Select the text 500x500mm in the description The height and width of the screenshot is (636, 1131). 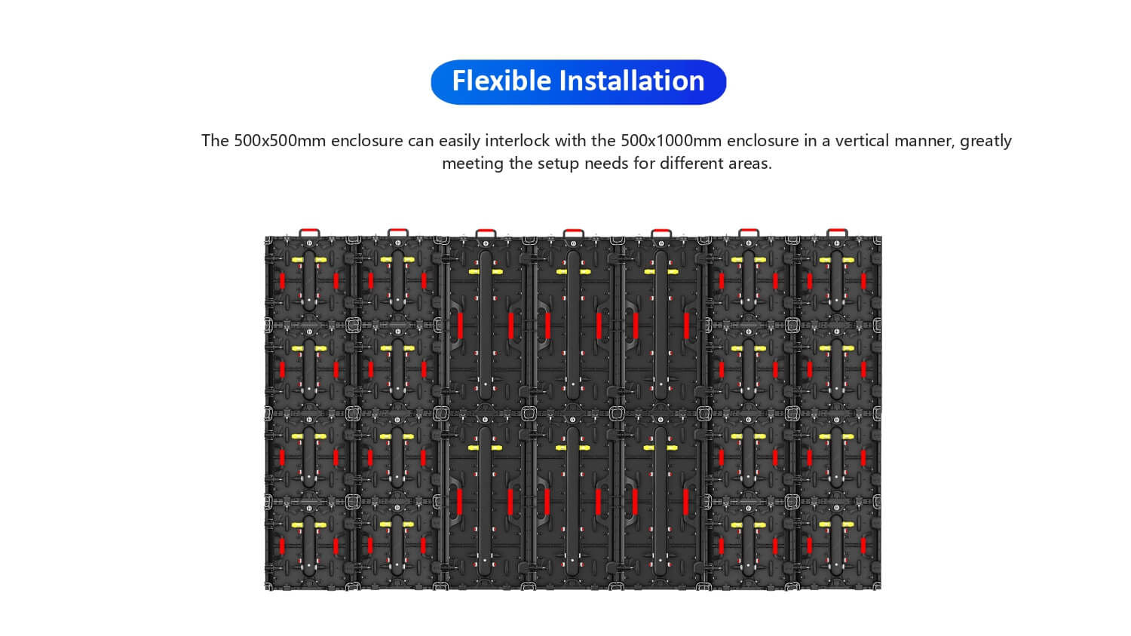coord(270,141)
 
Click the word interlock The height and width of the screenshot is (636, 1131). coord(517,141)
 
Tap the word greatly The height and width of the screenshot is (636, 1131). coord(985,141)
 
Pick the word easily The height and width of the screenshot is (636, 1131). coord(460,141)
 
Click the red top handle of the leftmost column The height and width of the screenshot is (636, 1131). coord(309,233)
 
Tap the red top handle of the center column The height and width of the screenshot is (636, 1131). coord(573,233)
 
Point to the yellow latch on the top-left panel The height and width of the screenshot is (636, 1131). coord(309,260)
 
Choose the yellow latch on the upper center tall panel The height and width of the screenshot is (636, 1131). coord(573,271)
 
